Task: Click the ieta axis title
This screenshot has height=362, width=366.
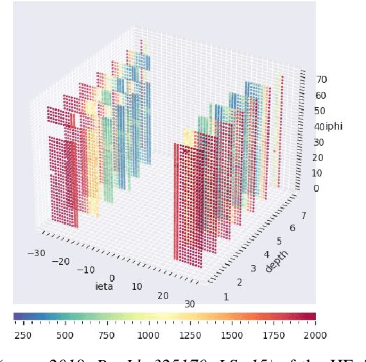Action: click(103, 286)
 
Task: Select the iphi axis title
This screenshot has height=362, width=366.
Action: click(334, 126)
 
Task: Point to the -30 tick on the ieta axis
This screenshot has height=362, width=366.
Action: click(37, 252)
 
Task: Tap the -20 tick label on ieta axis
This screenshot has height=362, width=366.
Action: click(62, 261)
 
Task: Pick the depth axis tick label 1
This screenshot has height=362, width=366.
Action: click(225, 297)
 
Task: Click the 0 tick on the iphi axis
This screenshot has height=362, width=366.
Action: click(316, 189)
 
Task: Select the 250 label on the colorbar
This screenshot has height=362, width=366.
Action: click(22, 335)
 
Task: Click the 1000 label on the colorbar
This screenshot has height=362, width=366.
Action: click(148, 335)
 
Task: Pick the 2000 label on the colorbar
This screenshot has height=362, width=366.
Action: click(315, 335)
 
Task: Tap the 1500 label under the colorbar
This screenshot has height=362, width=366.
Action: click(231, 335)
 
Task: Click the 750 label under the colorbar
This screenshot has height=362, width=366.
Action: click(107, 335)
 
